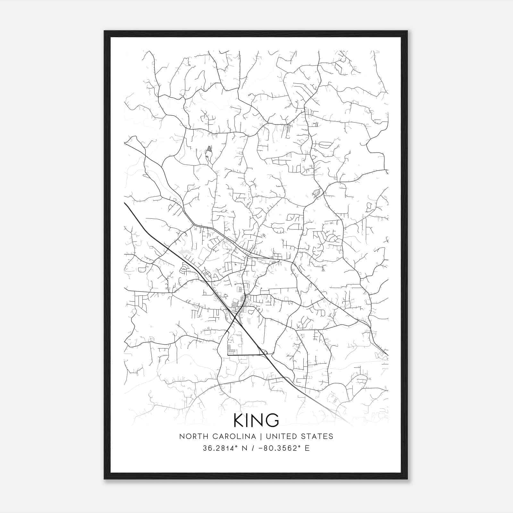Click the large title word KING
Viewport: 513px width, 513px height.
(256, 420)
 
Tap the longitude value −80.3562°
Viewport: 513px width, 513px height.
(277, 448)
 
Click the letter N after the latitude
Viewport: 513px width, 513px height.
(244, 448)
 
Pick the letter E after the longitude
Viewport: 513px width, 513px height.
(307, 448)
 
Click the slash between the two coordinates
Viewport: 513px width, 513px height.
(254, 448)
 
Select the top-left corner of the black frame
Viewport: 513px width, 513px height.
(105, 31)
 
